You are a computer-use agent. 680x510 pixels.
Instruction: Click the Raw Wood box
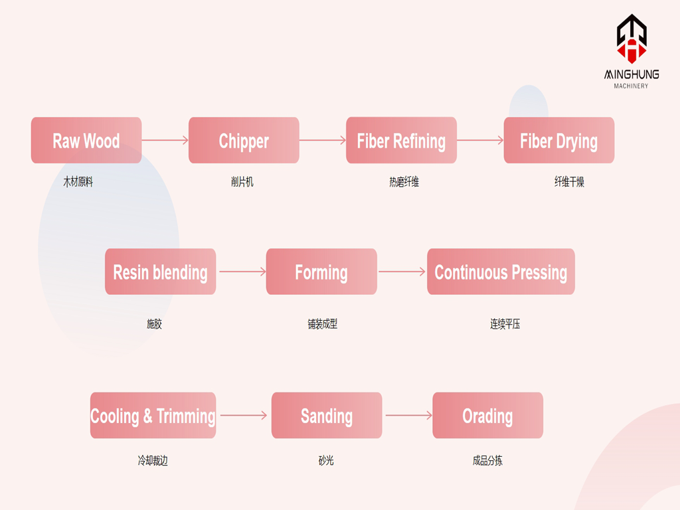tap(86, 140)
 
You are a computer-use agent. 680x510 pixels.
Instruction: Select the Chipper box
tap(244, 140)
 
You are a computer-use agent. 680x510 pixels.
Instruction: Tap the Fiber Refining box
tap(401, 140)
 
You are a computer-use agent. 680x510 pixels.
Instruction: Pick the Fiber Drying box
tap(559, 140)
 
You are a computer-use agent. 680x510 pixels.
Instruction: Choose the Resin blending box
tap(161, 272)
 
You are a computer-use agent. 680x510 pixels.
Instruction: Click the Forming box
tap(321, 272)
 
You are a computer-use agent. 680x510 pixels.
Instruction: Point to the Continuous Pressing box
tap(501, 272)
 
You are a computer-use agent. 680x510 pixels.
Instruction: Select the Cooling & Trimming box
tap(153, 416)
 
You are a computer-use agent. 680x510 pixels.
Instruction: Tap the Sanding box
tap(327, 416)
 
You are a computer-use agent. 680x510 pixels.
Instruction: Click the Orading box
tap(488, 416)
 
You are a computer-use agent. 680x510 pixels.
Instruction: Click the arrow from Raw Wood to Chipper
tap(165, 140)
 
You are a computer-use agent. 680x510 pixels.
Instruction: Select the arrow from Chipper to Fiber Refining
tap(323, 140)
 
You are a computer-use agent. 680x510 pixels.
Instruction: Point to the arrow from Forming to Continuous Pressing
tap(402, 272)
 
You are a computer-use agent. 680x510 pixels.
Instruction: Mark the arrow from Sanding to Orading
tap(409, 416)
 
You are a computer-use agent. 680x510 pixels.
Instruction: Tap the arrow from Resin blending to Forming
tap(242, 272)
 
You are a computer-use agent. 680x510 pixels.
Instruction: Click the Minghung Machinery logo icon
tap(632, 39)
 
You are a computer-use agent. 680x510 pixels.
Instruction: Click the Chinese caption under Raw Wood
tap(78, 182)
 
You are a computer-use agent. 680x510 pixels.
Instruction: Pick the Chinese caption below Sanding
tap(326, 461)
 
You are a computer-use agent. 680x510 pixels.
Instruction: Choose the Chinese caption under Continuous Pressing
tap(505, 324)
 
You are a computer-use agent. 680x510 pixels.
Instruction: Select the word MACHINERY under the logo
tap(631, 86)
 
